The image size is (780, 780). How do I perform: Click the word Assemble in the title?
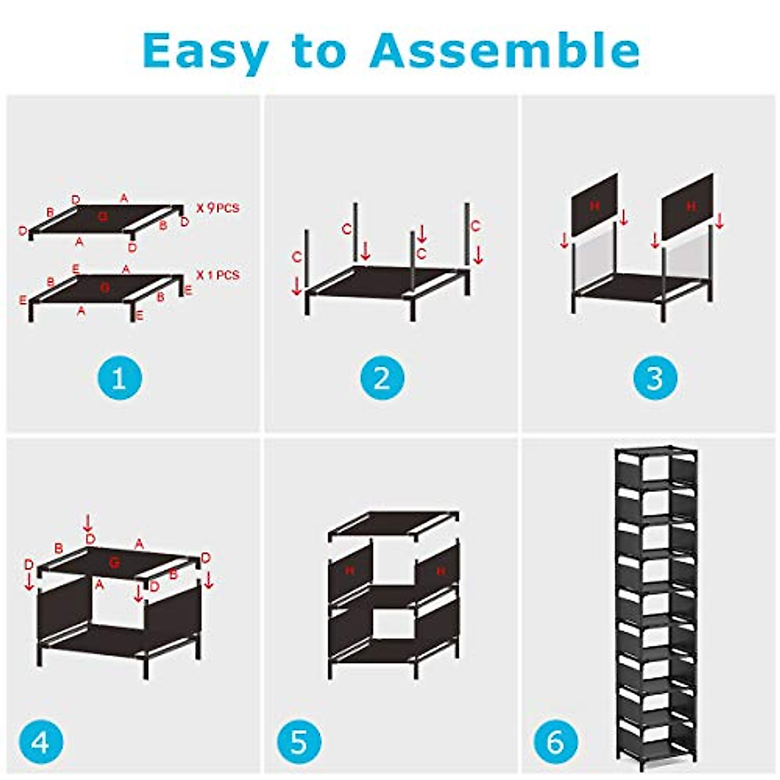pos(504,49)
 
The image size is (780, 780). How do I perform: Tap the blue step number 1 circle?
pos(119,378)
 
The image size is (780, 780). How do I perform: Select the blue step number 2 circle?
pos(382,378)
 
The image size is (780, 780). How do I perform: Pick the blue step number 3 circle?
pos(655,378)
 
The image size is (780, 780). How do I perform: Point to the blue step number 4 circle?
pos(41,741)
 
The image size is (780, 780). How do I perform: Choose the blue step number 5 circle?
pos(298,741)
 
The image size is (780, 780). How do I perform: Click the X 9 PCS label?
pos(218,209)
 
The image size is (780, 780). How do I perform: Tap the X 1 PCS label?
pos(218,275)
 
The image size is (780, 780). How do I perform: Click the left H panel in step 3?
pos(594,205)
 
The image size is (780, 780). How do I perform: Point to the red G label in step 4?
pos(114,563)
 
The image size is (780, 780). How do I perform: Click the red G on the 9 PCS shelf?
pos(102,216)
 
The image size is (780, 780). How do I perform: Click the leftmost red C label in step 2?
pos(296,258)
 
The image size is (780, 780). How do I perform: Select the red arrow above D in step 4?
pos(88,522)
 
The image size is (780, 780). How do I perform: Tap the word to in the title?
pos(319,51)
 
